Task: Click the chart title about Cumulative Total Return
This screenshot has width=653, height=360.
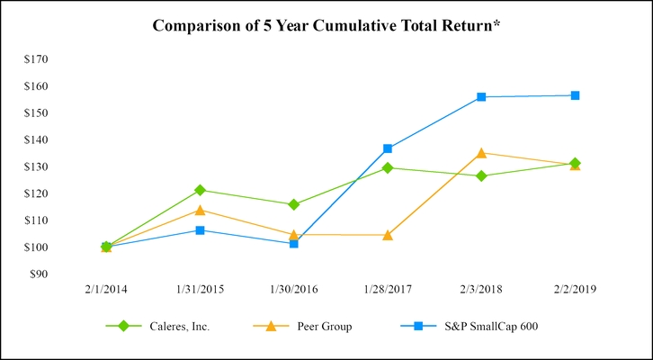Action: (326, 25)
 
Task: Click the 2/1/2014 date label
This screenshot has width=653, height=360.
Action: (105, 290)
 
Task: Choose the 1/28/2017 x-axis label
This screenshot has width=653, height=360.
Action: (387, 290)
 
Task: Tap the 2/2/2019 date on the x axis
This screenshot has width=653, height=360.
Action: (575, 290)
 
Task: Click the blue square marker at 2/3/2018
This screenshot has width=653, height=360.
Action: (481, 96)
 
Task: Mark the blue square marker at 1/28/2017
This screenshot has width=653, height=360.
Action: (388, 148)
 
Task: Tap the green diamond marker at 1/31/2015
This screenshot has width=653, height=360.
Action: (200, 190)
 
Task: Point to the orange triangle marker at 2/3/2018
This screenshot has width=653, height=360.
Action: (481, 153)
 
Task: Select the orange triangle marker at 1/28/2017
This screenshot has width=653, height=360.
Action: (388, 235)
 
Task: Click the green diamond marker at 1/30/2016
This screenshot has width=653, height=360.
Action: (293, 204)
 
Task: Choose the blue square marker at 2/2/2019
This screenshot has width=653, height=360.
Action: (575, 95)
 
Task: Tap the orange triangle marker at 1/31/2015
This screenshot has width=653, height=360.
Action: (200, 210)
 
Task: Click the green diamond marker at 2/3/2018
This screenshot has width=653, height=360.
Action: (481, 175)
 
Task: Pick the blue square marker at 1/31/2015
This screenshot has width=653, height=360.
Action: (200, 230)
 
